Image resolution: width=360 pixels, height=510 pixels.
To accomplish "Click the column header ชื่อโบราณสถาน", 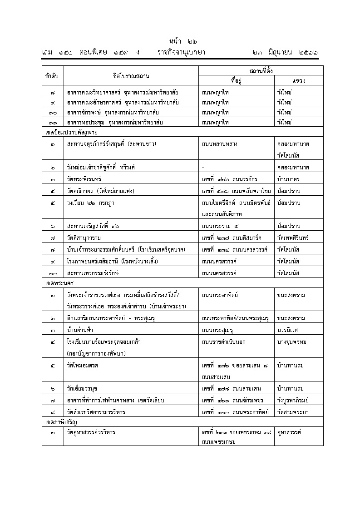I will pyautogui.click(x=131, y=75).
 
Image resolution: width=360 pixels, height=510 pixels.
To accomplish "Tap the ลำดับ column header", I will pyautogui.click(x=52, y=75).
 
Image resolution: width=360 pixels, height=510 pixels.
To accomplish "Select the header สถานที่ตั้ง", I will pyautogui.click(x=261, y=70).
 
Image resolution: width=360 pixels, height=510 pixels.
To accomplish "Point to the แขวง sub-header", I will pyautogui.click(x=298, y=80).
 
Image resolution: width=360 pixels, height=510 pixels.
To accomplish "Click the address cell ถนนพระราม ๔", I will pyautogui.click(x=220, y=226).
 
